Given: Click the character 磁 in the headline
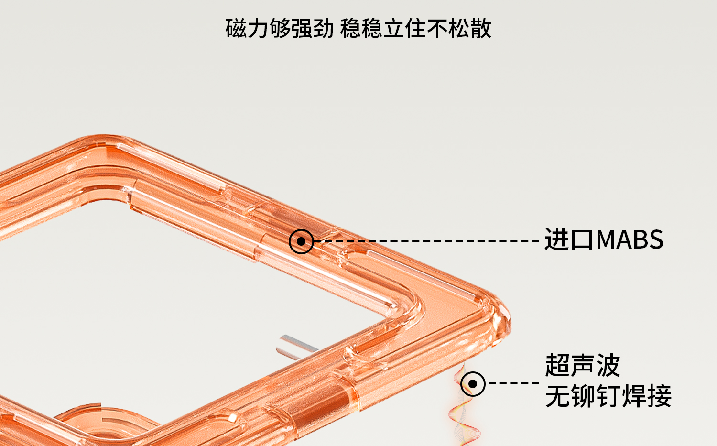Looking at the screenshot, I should [x=236, y=29].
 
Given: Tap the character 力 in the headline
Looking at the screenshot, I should [x=258, y=29].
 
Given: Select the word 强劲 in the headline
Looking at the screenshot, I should [x=312, y=29].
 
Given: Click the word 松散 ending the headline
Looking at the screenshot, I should [x=469, y=29].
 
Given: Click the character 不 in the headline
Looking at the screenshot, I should [x=437, y=29].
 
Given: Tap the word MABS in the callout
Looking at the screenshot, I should [x=630, y=239].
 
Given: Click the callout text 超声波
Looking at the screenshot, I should [x=582, y=366].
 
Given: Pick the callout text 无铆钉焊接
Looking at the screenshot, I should [x=608, y=396].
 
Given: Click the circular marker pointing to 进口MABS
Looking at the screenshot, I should [x=301, y=241].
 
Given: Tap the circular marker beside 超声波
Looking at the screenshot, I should [x=473, y=383].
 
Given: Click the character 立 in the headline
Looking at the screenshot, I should [x=394, y=29].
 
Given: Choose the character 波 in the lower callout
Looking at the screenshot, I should [x=608, y=366].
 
